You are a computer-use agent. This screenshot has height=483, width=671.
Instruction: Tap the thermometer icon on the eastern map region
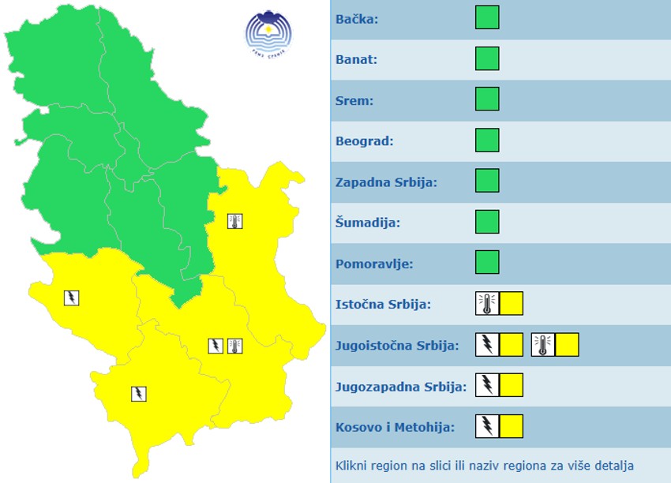pyautogui.click(x=234, y=221)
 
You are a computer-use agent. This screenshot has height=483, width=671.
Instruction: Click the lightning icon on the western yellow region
pyautogui.click(x=72, y=298)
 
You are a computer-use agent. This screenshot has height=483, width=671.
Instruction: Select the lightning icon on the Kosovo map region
pyautogui.click(x=138, y=393)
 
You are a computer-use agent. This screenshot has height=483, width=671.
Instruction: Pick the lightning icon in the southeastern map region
pyautogui.click(x=215, y=346)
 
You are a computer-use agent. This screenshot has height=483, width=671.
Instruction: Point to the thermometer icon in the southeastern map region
pyautogui.click(x=234, y=346)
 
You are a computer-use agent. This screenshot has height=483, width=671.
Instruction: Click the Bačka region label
pyautogui.click(x=357, y=19)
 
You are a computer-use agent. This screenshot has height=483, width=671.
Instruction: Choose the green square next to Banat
pyautogui.click(x=487, y=59)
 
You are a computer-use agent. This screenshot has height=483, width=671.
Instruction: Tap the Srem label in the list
pyautogui.click(x=354, y=101)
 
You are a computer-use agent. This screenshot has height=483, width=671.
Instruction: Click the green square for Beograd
pyautogui.click(x=487, y=140)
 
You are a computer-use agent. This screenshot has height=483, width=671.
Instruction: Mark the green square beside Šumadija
pyautogui.click(x=487, y=222)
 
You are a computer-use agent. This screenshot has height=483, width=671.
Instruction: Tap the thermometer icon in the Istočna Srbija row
pyautogui.click(x=487, y=304)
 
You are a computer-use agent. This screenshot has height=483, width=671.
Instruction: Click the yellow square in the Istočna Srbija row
pyautogui.click(x=512, y=304)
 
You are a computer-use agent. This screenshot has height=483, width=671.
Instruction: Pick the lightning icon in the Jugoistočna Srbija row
pyautogui.click(x=487, y=345)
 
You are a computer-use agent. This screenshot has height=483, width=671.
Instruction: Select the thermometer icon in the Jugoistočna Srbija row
pyautogui.click(x=542, y=345)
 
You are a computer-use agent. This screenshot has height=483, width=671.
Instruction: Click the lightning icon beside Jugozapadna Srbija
pyautogui.click(x=487, y=385)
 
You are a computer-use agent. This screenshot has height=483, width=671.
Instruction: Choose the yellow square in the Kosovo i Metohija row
pyautogui.click(x=512, y=426)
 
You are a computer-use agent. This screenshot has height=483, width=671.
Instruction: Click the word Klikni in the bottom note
pyautogui.click(x=351, y=466)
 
